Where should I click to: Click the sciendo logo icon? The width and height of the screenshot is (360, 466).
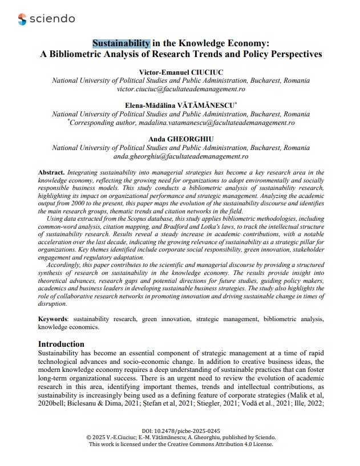pos(22,19)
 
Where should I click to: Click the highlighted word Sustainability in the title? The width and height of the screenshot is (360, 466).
pos(122,43)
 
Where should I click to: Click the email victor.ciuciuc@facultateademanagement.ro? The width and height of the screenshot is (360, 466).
pos(180,90)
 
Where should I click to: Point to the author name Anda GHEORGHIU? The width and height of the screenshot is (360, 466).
pos(180,139)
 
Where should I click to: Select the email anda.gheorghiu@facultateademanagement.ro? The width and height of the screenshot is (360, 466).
pos(180,156)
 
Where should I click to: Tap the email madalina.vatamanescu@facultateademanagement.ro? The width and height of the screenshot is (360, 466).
pos(205,123)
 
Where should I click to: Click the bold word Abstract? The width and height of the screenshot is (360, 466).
pos(51,172)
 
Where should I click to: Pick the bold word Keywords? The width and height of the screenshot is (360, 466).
pos(55,318)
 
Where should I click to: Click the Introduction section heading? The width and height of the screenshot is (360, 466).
pos(61,344)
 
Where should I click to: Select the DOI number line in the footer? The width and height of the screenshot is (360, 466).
pos(180,429)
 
